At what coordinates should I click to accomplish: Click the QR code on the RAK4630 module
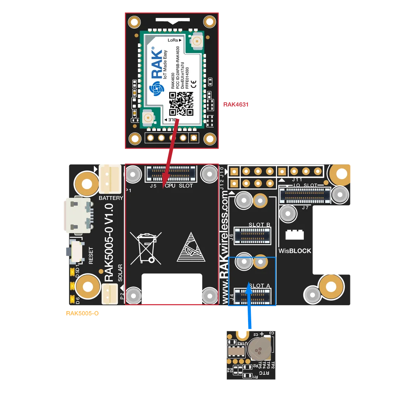click(x=181, y=104)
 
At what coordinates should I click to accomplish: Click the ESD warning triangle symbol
click(x=191, y=247)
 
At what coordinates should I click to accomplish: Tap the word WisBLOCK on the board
click(x=295, y=251)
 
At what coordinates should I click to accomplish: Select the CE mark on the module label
click(x=193, y=83)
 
